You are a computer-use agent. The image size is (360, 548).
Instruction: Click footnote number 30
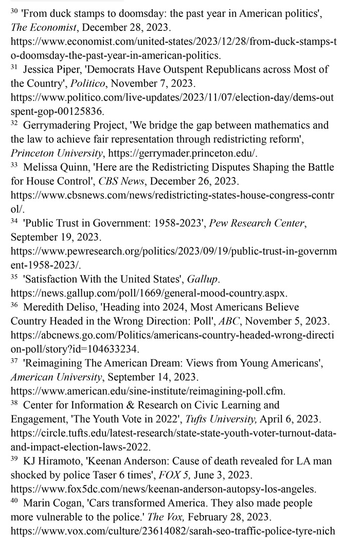click(x=14, y=11)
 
